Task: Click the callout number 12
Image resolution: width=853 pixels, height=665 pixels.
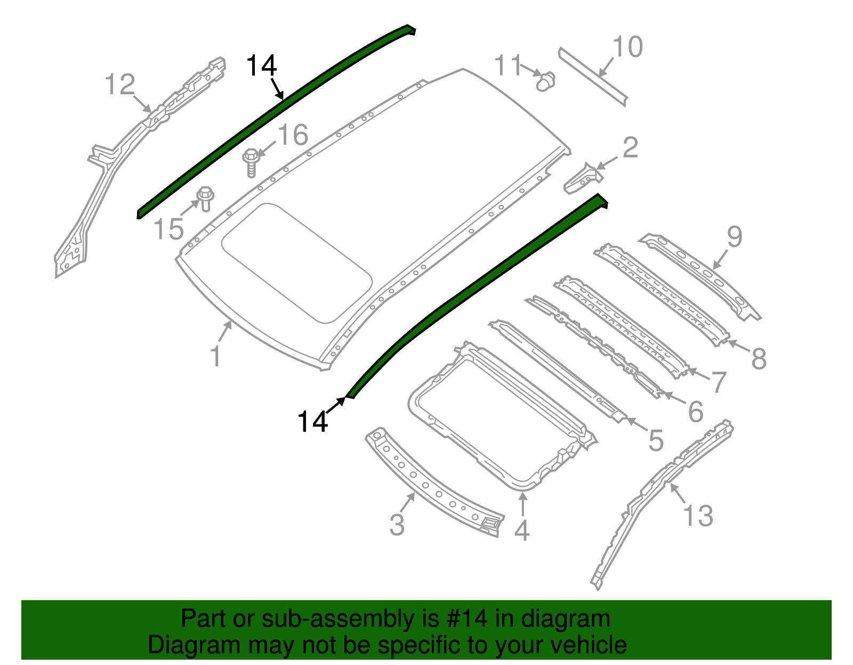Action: pos(120,85)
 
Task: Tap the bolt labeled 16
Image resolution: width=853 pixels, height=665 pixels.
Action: pos(251,162)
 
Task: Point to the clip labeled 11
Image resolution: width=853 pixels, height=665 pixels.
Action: pos(545,81)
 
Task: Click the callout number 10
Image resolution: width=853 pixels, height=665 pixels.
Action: pos(628,47)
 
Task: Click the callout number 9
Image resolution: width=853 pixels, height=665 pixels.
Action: pos(734,237)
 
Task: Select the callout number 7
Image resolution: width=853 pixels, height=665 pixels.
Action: pos(719,382)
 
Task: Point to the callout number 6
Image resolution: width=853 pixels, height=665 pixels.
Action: pos(696,412)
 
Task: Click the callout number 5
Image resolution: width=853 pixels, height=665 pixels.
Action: pos(656,440)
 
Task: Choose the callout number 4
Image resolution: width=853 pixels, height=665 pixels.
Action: pos(521,530)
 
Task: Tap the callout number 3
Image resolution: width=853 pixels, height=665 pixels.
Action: pos(397,524)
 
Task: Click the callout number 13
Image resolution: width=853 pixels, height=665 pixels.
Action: pos(698,515)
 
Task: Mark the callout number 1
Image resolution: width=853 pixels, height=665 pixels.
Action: pos(215,356)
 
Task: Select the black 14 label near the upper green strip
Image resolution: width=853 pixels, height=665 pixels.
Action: pos(261,67)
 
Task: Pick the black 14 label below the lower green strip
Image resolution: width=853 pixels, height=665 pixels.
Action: pos(312,422)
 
